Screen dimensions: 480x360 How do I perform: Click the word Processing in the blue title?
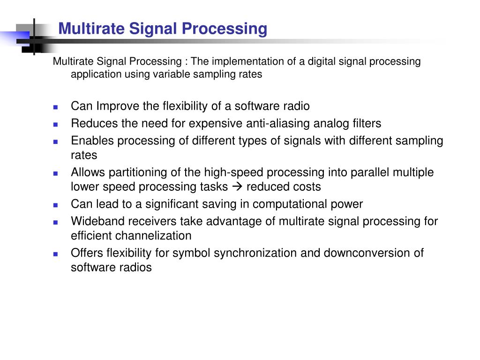point(225,29)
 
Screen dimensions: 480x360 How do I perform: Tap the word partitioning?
point(138,172)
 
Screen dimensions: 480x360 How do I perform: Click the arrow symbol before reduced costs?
point(237,187)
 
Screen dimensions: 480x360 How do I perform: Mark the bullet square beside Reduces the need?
point(55,125)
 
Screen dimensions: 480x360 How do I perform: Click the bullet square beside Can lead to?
point(55,205)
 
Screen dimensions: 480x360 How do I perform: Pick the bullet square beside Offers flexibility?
point(55,254)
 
